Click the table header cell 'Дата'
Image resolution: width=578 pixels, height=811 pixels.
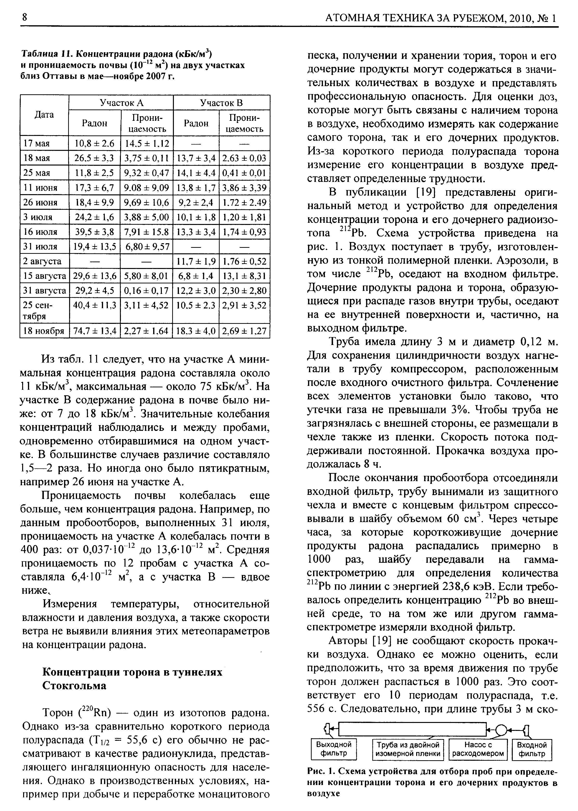coord(44,115)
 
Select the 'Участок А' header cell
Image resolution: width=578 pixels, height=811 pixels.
coord(121,103)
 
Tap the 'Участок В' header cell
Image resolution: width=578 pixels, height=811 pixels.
coord(221,103)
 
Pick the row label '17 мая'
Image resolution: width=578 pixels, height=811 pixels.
coord(36,143)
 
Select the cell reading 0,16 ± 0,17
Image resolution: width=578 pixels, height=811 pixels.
coord(146,291)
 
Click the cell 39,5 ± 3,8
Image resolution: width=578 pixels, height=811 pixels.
coord(95,232)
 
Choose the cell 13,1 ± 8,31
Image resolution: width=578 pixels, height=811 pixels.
coord(244,276)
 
